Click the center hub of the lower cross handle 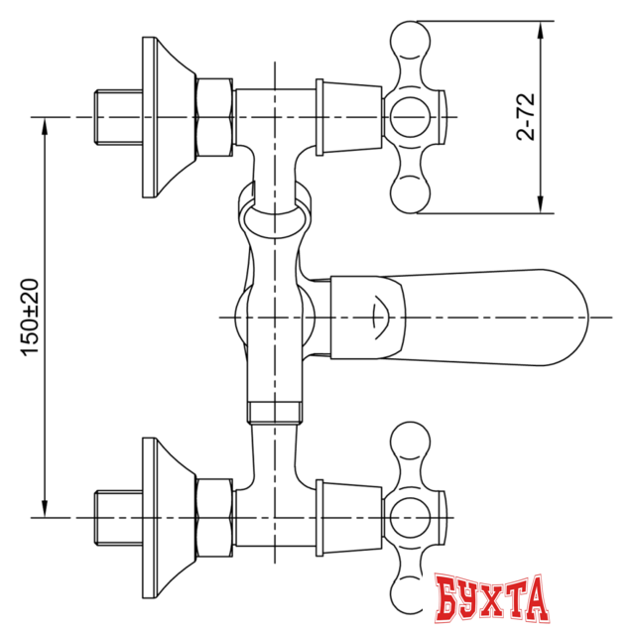click(x=407, y=517)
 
